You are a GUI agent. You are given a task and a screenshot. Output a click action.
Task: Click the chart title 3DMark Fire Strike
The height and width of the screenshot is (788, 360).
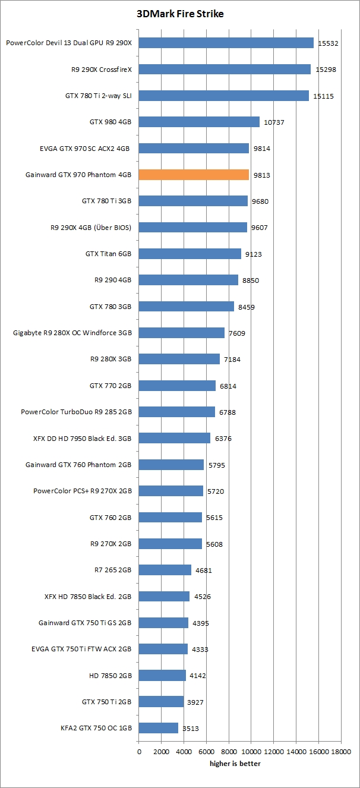click(x=180, y=14)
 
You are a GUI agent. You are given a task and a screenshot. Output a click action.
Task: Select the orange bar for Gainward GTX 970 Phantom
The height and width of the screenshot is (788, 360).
click(x=194, y=175)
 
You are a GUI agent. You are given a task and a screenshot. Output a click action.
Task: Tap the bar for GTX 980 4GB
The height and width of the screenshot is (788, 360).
click(x=199, y=122)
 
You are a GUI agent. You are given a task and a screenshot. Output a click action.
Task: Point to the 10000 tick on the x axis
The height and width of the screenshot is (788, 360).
click(x=251, y=752)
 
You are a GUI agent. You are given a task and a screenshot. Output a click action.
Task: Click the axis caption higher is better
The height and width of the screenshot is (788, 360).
click(x=235, y=764)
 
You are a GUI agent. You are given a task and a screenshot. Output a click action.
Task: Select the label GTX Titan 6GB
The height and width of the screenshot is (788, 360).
click(x=108, y=254)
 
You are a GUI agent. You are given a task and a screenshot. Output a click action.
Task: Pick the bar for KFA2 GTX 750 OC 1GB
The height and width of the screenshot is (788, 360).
click(x=159, y=728)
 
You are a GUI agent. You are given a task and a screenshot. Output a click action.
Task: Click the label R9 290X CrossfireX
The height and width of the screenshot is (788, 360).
click(x=101, y=69)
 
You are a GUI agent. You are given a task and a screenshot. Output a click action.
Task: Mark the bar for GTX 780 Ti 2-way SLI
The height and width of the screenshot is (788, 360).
click(x=224, y=96)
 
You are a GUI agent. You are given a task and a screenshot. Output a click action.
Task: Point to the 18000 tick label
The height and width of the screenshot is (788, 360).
click(x=341, y=752)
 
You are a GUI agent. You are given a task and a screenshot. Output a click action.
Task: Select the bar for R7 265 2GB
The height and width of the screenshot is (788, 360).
click(x=165, y=570)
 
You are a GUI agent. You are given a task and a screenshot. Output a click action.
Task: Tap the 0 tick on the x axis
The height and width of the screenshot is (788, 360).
click(x=139, y=752)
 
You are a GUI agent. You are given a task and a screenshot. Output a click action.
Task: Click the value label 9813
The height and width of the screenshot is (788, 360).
click(x=263, y=175)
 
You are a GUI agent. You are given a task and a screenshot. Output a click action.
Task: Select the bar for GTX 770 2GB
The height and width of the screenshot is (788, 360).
click(x=177, y=386)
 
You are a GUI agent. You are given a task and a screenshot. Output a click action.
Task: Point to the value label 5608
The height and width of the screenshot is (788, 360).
click(x=216, y=544)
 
